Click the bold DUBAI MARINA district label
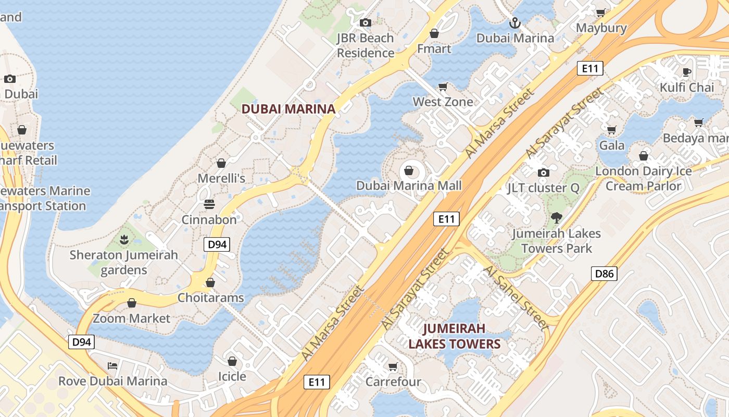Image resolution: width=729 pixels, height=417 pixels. click(x=288, y=109)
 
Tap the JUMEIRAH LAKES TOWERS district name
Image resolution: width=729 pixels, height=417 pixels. click(x=454, y=336)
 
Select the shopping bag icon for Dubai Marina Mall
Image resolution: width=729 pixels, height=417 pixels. click(x=409, y=171)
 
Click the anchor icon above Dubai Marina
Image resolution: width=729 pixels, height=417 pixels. click(x=514, y=23)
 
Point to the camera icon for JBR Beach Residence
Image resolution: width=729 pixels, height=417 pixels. click(x=366, y=22)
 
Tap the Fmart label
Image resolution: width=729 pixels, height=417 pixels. click(x=434, y=48)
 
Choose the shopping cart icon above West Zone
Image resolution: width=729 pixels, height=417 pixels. click(x=443, y=87)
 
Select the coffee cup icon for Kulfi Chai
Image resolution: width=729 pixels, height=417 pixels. click(x=687, y=72)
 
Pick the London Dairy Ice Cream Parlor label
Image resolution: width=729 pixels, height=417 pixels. click(x=644, y=178)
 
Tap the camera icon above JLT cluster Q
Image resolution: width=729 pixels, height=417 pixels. click(x=543, y=173)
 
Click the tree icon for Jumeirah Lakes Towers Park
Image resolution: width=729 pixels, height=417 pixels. click(x=557, y=218)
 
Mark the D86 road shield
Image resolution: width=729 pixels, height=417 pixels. click(x=604, y=273)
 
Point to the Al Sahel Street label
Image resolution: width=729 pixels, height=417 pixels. click(x=516, y=298)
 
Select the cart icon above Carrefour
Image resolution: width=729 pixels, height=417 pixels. click(x=393, y=366)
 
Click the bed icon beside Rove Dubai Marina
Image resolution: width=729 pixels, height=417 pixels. click(x=112, y=365)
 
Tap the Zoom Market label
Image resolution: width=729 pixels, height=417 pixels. click(x=131, y=318)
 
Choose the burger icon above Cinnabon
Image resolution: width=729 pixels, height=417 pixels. click(x=209, y=204)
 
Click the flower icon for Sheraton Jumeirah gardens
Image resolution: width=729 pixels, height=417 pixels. click(x=124, y=240)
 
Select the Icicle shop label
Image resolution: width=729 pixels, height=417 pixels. click(x=232, y=376)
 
